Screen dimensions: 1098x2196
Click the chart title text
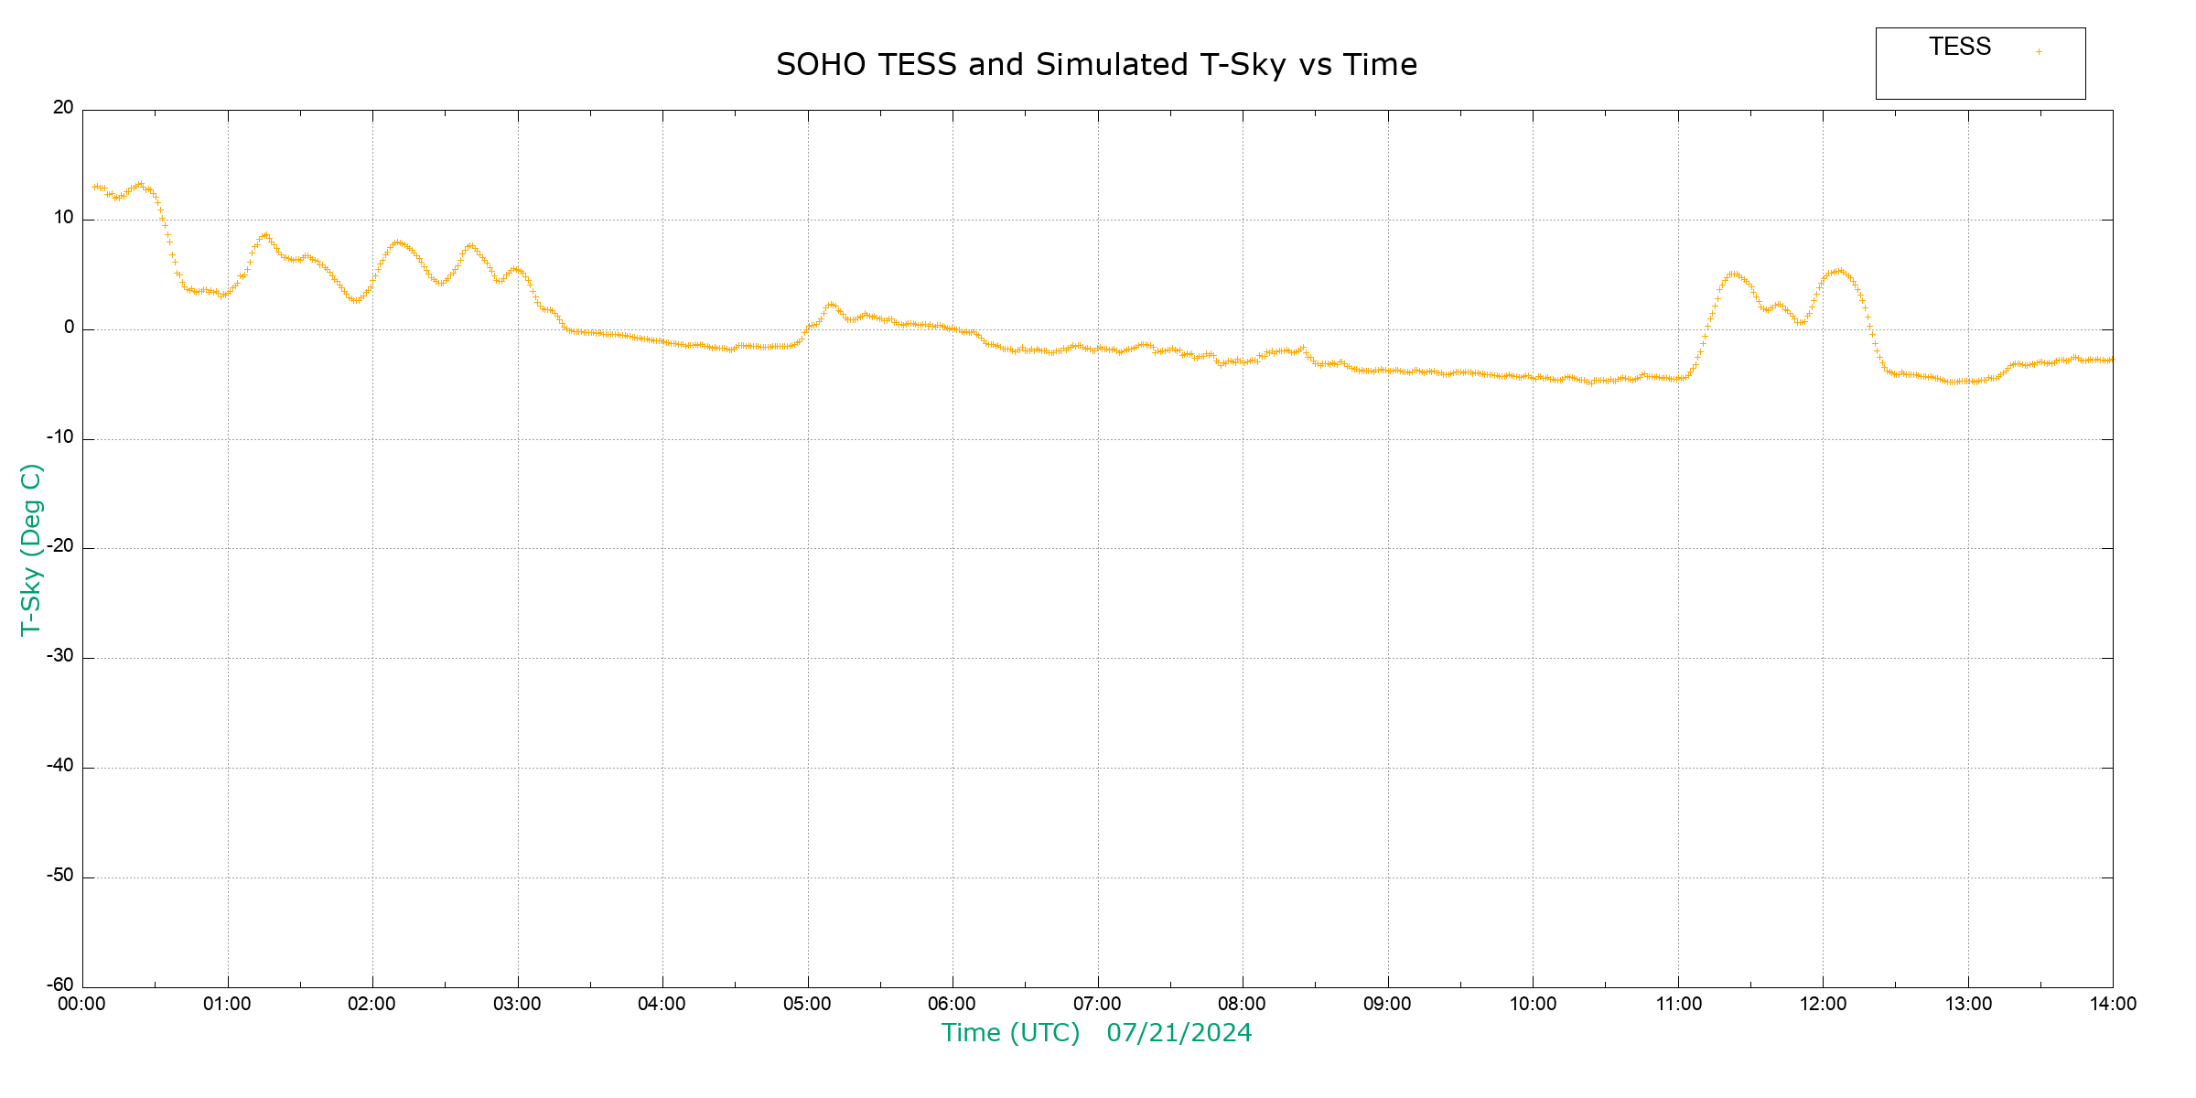[x=1096, y=65]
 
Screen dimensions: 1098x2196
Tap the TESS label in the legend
[x=1960, y=47]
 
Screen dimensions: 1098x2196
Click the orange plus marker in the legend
[x=2039, y=51]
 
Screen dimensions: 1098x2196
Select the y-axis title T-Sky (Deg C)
[x=31, y=549]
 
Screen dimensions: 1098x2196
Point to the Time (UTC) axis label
[x=1010, y=1033]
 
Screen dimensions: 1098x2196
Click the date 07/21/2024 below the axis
[x=1179, y=1033]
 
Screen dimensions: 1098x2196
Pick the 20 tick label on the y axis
[x=63, y=108]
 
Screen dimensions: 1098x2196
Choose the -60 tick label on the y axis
[x=60, y=985]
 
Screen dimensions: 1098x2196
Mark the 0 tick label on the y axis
[x=69, y=328]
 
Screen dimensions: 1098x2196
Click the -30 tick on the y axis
[x=60, y=656]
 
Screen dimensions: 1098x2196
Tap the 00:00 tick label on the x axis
[x=81, y=1005]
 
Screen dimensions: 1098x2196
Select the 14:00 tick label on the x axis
[x=2113, y=1005]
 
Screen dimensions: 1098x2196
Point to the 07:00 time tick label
[x=1097, y=1005]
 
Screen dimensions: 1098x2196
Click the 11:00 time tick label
[x=1678, y=1005]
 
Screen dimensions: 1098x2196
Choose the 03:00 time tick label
[x=517, y=1005]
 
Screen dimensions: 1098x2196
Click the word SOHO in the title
[x=820, y=65]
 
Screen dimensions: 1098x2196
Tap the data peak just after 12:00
[x=1838, y=271]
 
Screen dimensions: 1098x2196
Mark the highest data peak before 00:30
[x=140, y=184]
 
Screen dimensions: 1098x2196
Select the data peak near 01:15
[x=264, y=235]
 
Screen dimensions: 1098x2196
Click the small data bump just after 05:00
[x=831, y=304]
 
